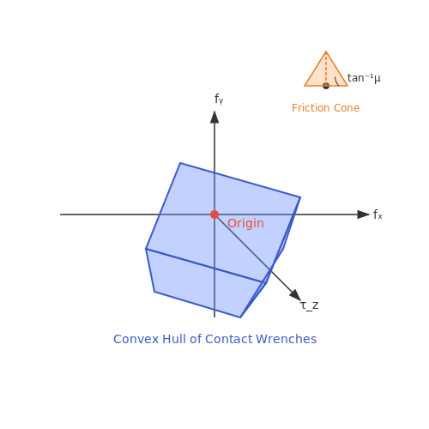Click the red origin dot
tap(214, 214)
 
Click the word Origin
tap(245, 224)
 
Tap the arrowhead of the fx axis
tap(363, 214)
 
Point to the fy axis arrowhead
tap(214, 118)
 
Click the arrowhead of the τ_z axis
tap(295, 295)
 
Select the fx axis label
tap(378, 214)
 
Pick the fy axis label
tap(219, 99)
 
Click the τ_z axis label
tap(310, 305)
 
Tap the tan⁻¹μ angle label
tap(364, 78)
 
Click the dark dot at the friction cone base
tap(326, 86)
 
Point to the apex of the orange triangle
tap(326, 51)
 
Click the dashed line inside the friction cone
tap(326, 69)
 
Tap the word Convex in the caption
tap(136, 339)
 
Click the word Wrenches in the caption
tap(286, 339)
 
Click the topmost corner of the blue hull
tap(180, 163)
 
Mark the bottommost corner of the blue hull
tap(240, 317)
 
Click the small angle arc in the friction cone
tap(336, 82)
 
